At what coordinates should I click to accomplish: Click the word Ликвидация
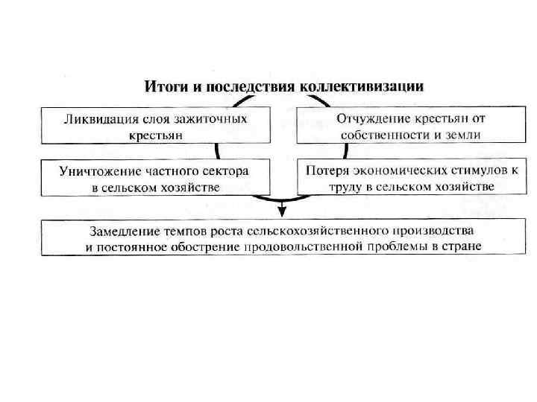coord(97,119)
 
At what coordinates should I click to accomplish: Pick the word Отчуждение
coord(371,119)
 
